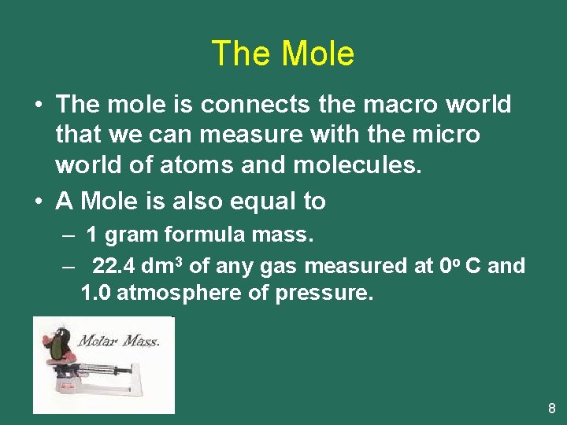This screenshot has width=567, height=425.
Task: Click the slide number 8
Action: pos(551,408)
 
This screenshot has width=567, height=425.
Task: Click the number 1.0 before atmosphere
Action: pos(96,294)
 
